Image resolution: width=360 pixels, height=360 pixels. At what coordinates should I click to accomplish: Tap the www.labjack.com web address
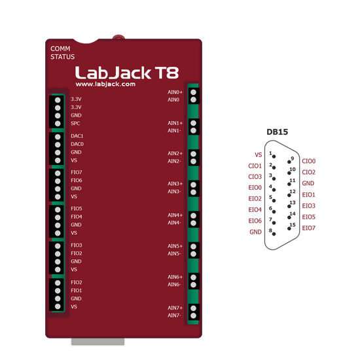pos(105,84)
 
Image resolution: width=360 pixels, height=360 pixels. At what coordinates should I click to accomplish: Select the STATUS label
pos(62,56)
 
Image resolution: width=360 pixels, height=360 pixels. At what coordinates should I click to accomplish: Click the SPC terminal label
pos(76,123)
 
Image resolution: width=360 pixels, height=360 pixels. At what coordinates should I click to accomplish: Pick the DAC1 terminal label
pos(77,135)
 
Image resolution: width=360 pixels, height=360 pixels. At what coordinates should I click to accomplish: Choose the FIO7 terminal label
pos(77,172)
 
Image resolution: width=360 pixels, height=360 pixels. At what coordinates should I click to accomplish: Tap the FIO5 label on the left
pos(77,209)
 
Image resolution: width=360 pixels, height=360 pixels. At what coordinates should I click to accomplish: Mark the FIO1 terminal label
pos(77,290)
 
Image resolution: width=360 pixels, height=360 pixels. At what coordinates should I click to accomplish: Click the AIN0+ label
pos(175,92)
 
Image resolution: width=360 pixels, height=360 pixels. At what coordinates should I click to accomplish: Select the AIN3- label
pos(174,192)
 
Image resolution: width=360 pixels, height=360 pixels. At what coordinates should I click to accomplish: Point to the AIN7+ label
pos(175,308)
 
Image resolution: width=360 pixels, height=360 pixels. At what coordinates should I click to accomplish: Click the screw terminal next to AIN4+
pos(193,215)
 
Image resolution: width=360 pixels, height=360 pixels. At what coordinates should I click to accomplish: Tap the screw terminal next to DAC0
pos(58,144)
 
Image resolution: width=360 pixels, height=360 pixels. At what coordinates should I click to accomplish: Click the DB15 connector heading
pos(277,132)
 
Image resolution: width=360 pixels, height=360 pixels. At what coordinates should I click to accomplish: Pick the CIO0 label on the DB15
pos(309,160)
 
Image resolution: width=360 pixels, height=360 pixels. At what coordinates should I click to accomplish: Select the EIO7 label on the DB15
pos(309,228)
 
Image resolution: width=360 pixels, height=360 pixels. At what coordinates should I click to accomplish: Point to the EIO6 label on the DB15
pos(255,221)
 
